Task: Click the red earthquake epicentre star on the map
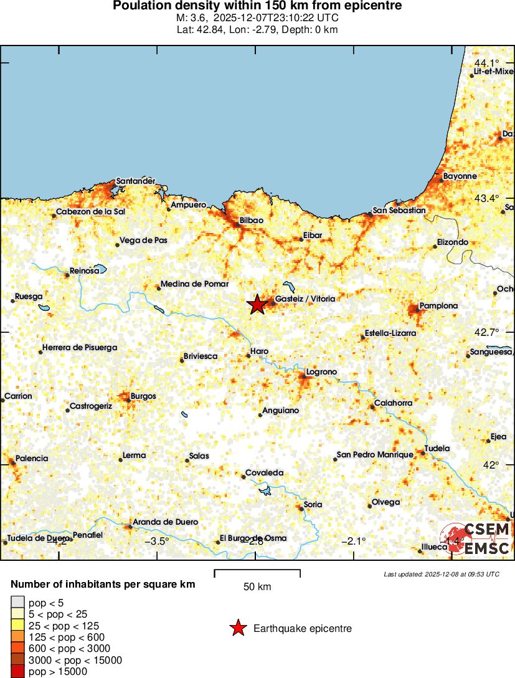pos(257,305)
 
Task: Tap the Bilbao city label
pos(252,221)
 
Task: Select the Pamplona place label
pos(438,306)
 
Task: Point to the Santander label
pos(136,181)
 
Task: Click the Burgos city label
pos(143,396)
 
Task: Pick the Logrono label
pos(321,372)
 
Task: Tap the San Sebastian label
pos(399,211)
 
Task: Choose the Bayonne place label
pos(460,176)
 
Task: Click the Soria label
pos(313,505)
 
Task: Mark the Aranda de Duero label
pos(165,522)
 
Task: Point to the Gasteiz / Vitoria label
pos(305,299)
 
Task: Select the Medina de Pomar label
pos(194,284)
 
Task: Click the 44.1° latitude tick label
pos(487,63)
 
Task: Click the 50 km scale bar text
pos(257,587)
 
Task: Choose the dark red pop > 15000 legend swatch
pos(17,671)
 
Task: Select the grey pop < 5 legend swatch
pos(17,603)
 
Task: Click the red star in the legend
pos(238,629)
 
